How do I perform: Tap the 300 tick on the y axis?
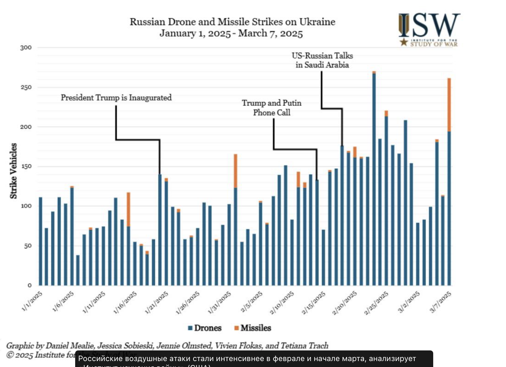pos(26,48)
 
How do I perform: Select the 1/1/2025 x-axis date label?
pos(32,301)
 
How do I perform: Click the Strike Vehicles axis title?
pos(13,171)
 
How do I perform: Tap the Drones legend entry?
pos(205,328)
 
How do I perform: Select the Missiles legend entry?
pos(253,328)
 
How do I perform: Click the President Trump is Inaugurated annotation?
pos(116,98)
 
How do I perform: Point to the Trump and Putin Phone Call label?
pos(272,108)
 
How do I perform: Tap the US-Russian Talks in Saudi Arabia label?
pos(322,60)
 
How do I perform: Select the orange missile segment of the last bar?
pos(449,105)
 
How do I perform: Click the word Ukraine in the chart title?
pos(317,22)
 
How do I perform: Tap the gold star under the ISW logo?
pos(404,42)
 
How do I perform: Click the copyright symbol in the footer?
pos(10,355)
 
